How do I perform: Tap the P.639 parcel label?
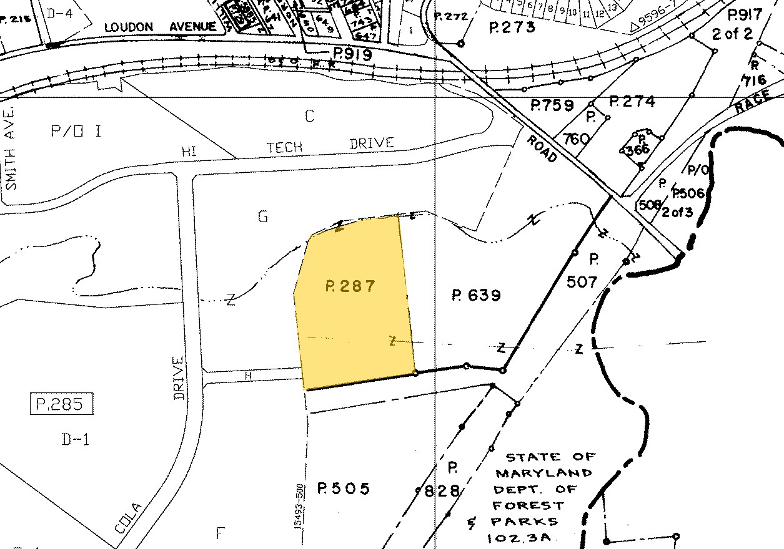pyautogui.click(x=476, y=294)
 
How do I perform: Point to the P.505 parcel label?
pyautogui.click(x=343, y=488)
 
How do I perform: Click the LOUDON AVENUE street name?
pyautogui.click(x=160, y=27)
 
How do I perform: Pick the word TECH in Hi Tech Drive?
pyautogui.click(x=284, y=147)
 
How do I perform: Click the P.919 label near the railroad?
pyautogui.click(x=352, y=55)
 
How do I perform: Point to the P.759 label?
pyautogui.click(x=552, y=105)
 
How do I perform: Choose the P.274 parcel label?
pyautogui.click(x=632, y=101)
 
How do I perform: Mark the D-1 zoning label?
pyautogui.click(x=76, y=440)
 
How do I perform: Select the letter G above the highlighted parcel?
pyautogui.click(x=262, y=216)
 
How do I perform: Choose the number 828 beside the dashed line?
pyautogui.click(x=442, y=491)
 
